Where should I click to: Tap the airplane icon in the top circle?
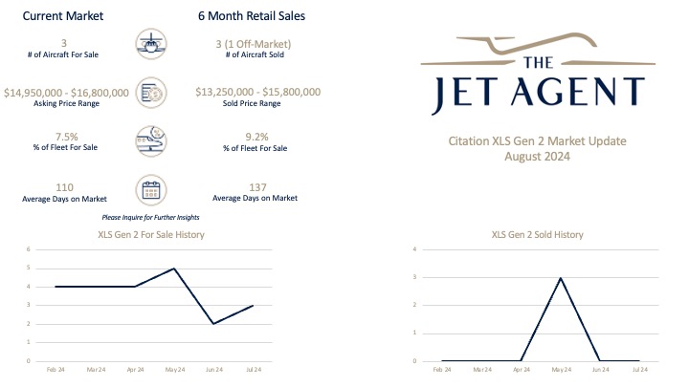point(152,44)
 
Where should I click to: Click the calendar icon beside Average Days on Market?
point(152,188)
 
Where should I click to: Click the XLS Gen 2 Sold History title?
point(537,234)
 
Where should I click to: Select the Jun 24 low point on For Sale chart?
point(213,324)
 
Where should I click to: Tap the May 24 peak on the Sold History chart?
point(560,278)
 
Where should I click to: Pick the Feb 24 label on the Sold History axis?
point(442,368)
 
